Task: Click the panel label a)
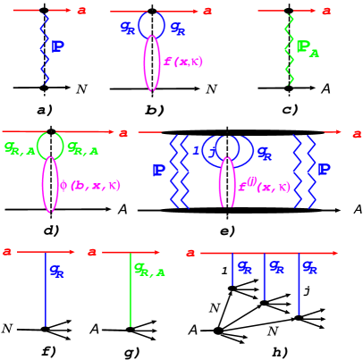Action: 46,109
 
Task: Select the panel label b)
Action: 155,109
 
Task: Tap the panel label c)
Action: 290,109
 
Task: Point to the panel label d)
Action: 51,230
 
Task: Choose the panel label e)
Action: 228,230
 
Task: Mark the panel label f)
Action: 48,350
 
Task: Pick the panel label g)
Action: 132,351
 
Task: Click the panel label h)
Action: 281,351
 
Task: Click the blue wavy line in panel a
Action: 44,49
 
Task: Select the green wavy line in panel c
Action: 288,49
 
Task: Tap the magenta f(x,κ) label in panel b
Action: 182,61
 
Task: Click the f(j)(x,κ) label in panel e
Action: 264,186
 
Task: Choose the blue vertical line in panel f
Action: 46,290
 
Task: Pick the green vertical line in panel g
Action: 131,290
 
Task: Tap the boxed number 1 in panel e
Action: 195,151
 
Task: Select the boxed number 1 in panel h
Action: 224,270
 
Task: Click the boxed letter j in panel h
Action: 306,289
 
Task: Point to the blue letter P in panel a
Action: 58,46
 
